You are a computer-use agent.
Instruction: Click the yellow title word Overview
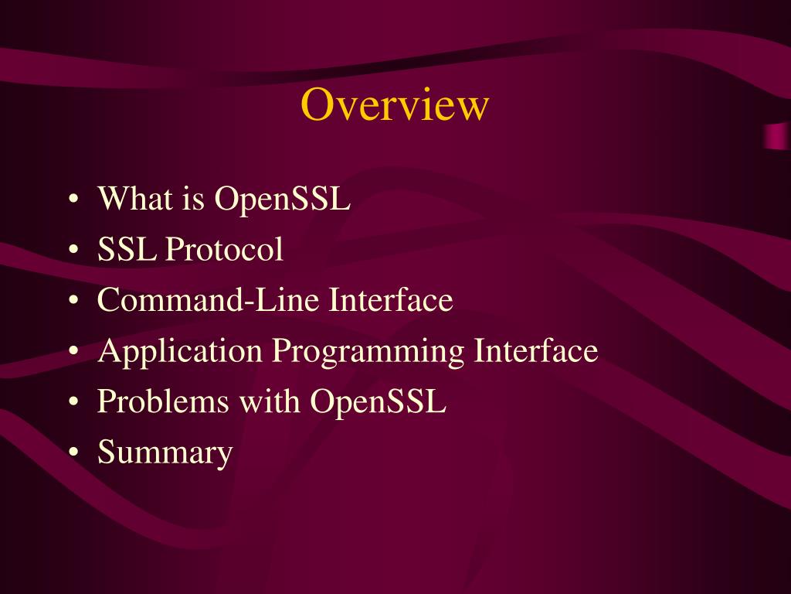(395, 105)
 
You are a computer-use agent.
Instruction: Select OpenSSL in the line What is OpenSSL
(283, 200)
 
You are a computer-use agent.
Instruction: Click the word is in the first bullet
(194, 199)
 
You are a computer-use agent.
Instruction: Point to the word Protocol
(225, 250)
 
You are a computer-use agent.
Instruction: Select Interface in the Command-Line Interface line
(391, 300)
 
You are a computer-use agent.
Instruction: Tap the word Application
(180, 352)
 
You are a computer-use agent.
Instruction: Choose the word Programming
(368, 352)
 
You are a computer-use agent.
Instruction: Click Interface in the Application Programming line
(536, 350)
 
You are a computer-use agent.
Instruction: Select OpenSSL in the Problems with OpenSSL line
(379, 401)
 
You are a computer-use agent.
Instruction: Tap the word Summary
(165, 453)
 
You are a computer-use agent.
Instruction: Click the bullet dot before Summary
(73, 453)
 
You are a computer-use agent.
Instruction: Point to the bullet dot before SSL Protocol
(73, 251)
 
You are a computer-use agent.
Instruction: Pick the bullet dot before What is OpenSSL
(73, 200)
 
